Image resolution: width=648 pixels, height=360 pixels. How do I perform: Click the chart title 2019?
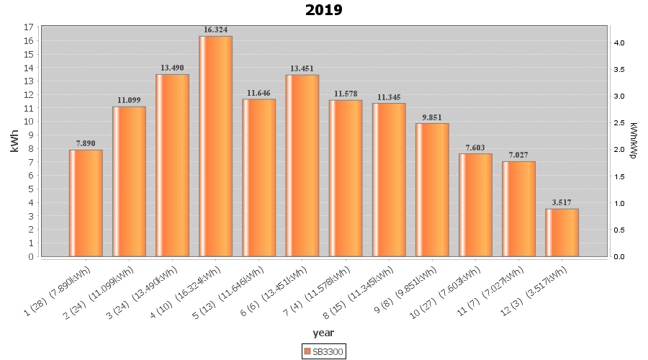point(323,10)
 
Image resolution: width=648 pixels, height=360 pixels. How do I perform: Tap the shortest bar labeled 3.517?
point(562,233)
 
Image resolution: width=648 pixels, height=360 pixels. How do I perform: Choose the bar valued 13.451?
point(302,166)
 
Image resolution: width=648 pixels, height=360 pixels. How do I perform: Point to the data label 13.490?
point(172,68)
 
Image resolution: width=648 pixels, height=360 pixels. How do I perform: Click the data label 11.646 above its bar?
point(258,93)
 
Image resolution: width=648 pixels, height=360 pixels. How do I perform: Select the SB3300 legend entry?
point(323,351)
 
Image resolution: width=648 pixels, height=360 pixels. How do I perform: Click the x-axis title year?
point(323,333)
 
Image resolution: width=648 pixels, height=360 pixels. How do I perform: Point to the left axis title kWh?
point(14,141)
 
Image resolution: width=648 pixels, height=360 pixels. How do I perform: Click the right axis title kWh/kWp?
point(634,140)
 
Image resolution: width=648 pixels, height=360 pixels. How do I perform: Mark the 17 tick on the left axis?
point(29,27)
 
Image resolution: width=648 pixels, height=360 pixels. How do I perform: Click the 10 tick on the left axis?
point(29,122)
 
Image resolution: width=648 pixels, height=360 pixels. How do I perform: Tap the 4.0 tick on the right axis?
point(619,43)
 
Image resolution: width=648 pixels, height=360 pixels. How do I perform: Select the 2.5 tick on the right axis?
point(619,123)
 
